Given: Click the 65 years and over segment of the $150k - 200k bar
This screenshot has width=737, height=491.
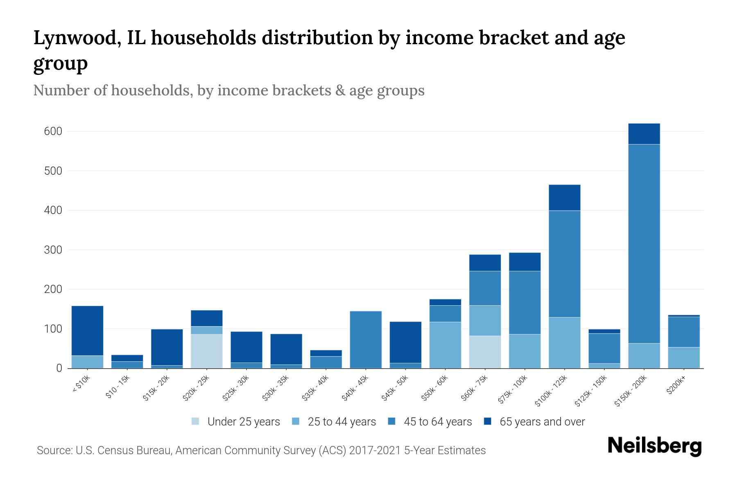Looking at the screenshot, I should [x=644, y=134].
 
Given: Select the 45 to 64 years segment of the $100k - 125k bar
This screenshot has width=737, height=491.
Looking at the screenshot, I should [x=565, y=264].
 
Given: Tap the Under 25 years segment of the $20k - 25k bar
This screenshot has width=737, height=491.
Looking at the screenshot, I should [x=207, y=351].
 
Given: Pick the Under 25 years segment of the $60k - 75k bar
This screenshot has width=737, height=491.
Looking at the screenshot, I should [x=485, y=352].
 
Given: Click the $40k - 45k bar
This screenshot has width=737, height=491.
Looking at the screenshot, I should [x=366, y=340].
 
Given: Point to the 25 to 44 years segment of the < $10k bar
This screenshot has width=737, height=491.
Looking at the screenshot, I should [x=87, y=362].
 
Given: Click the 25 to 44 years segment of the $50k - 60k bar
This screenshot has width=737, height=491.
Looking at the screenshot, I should [x=445, y=345].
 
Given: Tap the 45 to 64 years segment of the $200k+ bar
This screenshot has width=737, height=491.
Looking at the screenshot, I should [x=684, y=332].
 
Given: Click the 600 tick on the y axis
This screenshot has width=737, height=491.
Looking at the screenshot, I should [x=53, y=131].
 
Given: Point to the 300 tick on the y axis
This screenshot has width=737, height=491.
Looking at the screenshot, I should [x=53, y=250].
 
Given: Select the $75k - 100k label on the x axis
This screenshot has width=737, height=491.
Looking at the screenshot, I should [x=513, y=391].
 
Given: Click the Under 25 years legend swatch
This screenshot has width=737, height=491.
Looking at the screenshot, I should [x=196, y=421].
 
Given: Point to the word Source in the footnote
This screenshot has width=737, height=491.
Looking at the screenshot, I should [x=54, y=450].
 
